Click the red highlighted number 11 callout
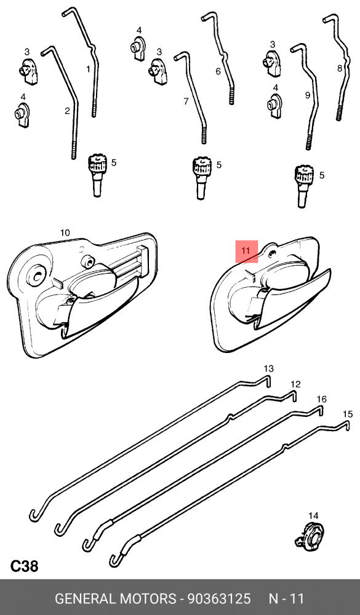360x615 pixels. [x=246, y=251]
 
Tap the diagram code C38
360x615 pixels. [x=24, y=566]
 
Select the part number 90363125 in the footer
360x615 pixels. [x=218, y=599]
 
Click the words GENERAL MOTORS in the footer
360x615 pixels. [x=116, y=599]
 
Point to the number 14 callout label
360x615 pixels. [x=313, y=516]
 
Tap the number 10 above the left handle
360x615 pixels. [x=65, y=232]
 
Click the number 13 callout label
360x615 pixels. [x=268, y=368]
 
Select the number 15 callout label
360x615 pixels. [x=348, y=414]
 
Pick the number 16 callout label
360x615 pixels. [x=321, y=399]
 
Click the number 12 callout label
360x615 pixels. [x=295, y=384]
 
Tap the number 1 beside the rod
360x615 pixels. [x=89, y=69]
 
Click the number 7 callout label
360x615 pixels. [x=186, y=101]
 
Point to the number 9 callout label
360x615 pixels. [x=308, y=95]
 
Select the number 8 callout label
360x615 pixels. [x=340, y=68]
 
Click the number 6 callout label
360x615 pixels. [x=218, y=71]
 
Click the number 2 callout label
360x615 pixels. [x=67, y=111]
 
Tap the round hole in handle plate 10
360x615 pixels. [x=38, y=276]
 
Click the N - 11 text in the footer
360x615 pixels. [x=286, y=599]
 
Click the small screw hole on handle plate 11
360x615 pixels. [x=271, y=255]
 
